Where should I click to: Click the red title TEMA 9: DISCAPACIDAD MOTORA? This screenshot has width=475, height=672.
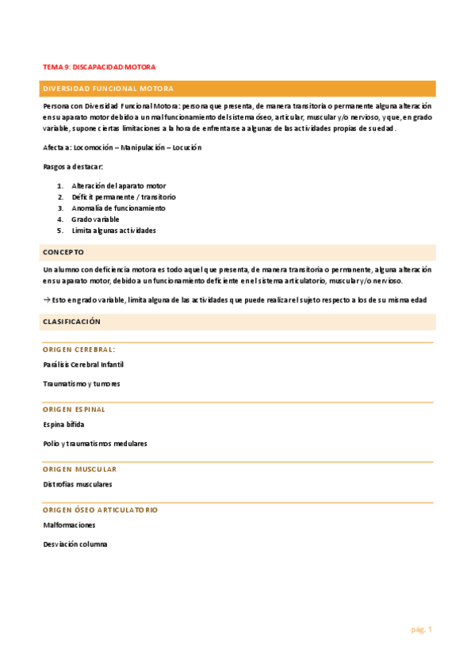[x=99, y=67]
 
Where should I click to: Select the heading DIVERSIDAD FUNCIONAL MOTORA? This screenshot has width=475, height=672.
[x=108, y=89]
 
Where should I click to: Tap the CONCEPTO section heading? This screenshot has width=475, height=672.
[x=63, y=251]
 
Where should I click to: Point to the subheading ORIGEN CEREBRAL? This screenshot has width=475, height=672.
[x=79, y=349]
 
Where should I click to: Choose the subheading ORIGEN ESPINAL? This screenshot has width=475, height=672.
[x=75, y=410]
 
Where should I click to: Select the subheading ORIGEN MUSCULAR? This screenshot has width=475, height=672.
[x=79, y=469]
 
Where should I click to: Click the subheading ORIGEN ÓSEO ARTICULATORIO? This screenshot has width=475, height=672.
[x=100, y=510]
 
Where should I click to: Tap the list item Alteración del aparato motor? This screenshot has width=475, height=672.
[x=119, y=185]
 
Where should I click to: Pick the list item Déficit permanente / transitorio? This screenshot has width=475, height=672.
[x=124, y=197]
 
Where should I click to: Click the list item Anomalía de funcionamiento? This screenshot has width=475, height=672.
[x=119, y=208]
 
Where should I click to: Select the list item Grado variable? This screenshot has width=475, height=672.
[x=95, y=219]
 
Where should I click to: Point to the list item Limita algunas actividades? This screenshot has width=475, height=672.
[x=113, y=231]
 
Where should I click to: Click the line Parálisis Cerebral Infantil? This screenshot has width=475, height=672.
[x=83, y=365]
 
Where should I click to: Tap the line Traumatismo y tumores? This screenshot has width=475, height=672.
[x=82, y=384]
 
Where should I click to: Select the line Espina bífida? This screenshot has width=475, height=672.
[x=64, y=424]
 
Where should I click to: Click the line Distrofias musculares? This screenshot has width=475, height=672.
[x=78, y=483]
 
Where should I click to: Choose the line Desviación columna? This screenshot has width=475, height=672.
[x=75, y=544]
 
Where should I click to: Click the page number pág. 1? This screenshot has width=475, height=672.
[x=421, y=629]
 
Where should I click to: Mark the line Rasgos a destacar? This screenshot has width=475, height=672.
[x=73, y=166]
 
